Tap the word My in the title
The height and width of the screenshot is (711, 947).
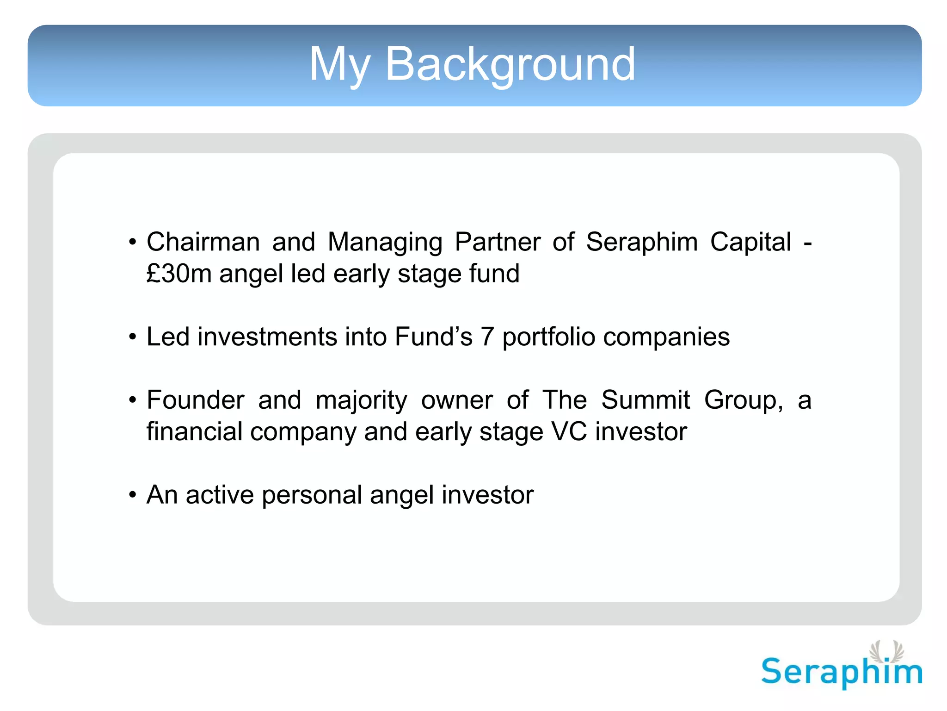pyautogui.click(x=340, y=65)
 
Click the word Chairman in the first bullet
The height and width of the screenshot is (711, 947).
pyautogui.click(x=203, y=242)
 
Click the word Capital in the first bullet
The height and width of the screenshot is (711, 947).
pyautogui.click(x=750, y=242)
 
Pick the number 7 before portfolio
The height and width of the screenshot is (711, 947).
pyautogui.click(x=487, y=337)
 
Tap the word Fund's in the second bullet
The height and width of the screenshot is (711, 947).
pyautogui.click(x=433, y=337)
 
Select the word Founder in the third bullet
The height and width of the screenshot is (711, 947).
pyautogui.click(x=195, y=400)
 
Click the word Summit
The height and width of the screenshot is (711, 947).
pyautogui.click(x=646, y=400)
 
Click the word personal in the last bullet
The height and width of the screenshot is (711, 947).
pyautogui.click(x=312, y=495)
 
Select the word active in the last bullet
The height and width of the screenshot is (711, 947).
pyautogui.click(x=220, y=495)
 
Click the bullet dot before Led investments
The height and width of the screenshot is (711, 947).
pyautogui.click(x=133, y=337)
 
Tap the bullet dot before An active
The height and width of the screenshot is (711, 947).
pyautogui.click(x=133, y=495)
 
